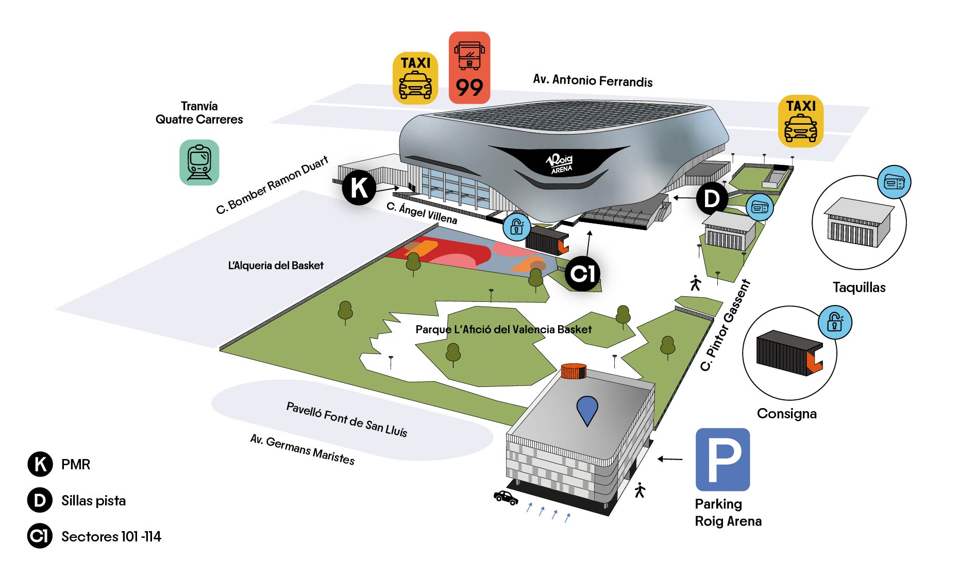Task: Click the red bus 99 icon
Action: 469,67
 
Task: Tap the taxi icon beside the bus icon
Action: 415,78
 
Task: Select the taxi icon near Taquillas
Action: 800,121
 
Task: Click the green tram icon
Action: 199,162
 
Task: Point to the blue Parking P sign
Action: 722,459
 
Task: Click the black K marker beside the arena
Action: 359,188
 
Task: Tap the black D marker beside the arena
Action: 712,198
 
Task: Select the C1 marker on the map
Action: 582,274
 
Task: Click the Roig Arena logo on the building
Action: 560,163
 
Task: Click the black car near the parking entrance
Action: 506,497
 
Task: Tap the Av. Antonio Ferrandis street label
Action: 593,80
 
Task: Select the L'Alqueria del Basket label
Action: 276,266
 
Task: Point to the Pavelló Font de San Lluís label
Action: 347,419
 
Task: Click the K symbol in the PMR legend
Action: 40,464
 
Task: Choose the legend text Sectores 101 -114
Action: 111,537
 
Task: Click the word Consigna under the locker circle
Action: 786,414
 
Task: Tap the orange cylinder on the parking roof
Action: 574,370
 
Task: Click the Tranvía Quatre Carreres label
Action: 199,113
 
